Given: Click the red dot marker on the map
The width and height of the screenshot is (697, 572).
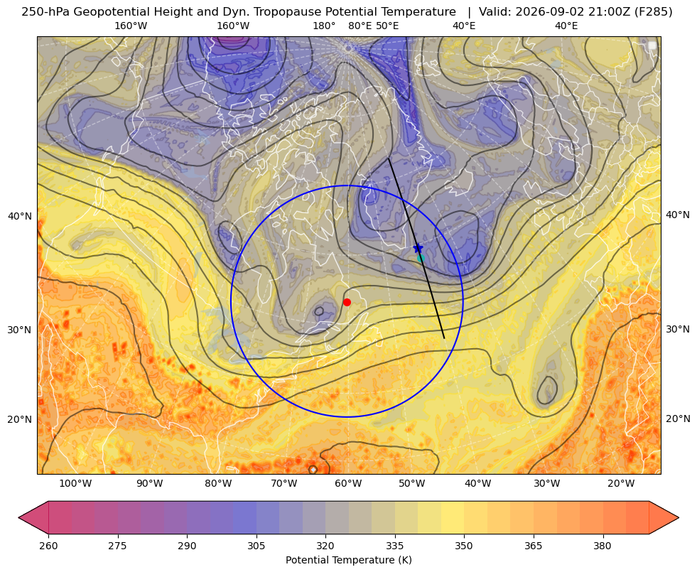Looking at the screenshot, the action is point(347,302).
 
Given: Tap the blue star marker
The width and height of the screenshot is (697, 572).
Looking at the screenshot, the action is point(418,248).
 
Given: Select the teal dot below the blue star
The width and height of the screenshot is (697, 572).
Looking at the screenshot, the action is point(421,258).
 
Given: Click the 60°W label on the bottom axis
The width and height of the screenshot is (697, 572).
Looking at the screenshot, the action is point(348,483).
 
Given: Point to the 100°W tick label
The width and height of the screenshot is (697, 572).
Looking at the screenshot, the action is point(75,483).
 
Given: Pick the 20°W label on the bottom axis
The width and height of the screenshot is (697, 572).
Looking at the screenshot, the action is point(621,483).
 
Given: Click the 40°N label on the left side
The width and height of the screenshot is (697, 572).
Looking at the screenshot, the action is point(20,217).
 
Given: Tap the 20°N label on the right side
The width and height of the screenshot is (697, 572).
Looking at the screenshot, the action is point(678,419).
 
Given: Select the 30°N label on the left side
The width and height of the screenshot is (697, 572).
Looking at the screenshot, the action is point(20,330).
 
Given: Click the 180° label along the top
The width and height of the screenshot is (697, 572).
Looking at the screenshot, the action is point(324,26).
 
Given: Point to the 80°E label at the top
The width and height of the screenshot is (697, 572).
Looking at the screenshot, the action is point(360,26).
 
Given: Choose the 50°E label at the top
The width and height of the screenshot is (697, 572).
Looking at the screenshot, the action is point(387,26).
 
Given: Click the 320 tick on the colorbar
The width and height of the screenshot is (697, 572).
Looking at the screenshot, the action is point(325,546).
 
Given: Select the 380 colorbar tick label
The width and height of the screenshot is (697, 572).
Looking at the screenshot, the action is point(603,546).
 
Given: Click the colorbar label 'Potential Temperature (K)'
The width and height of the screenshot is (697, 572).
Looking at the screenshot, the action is point(348,559).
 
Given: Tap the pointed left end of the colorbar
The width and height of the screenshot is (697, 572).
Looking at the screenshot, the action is point(19,517).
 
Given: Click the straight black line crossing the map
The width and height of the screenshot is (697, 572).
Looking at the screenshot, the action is point(416,248).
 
